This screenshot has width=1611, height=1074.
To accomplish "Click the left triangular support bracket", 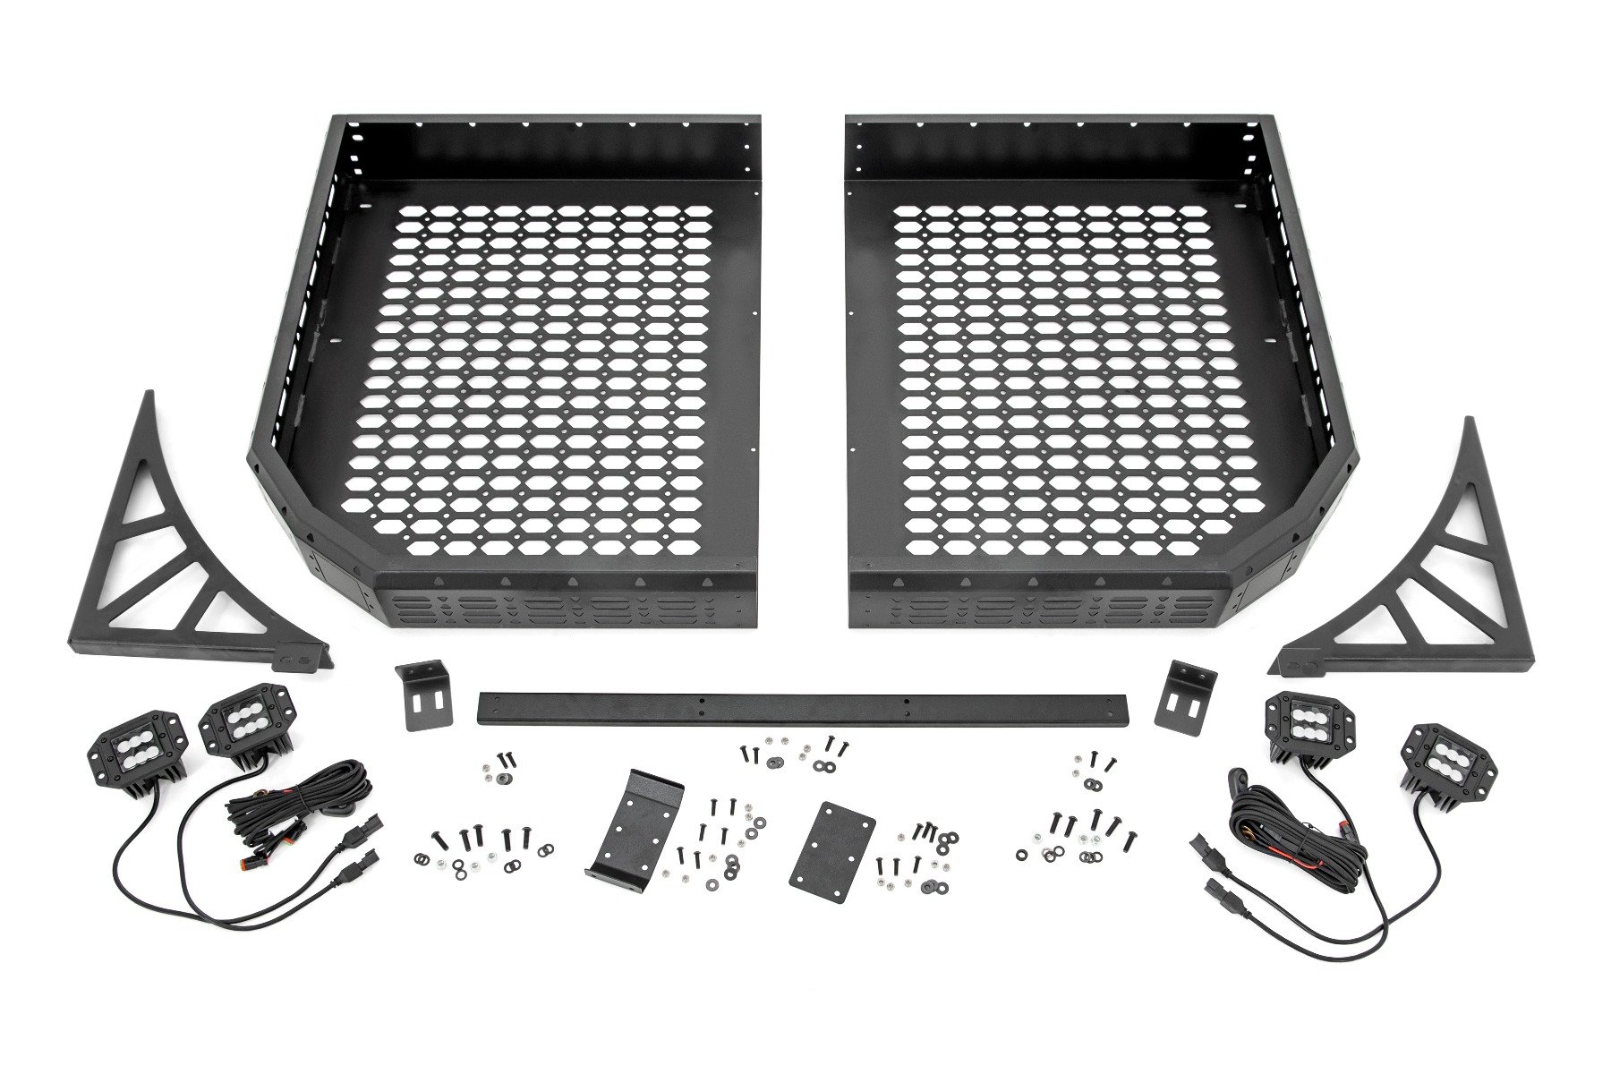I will (161, 573).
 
